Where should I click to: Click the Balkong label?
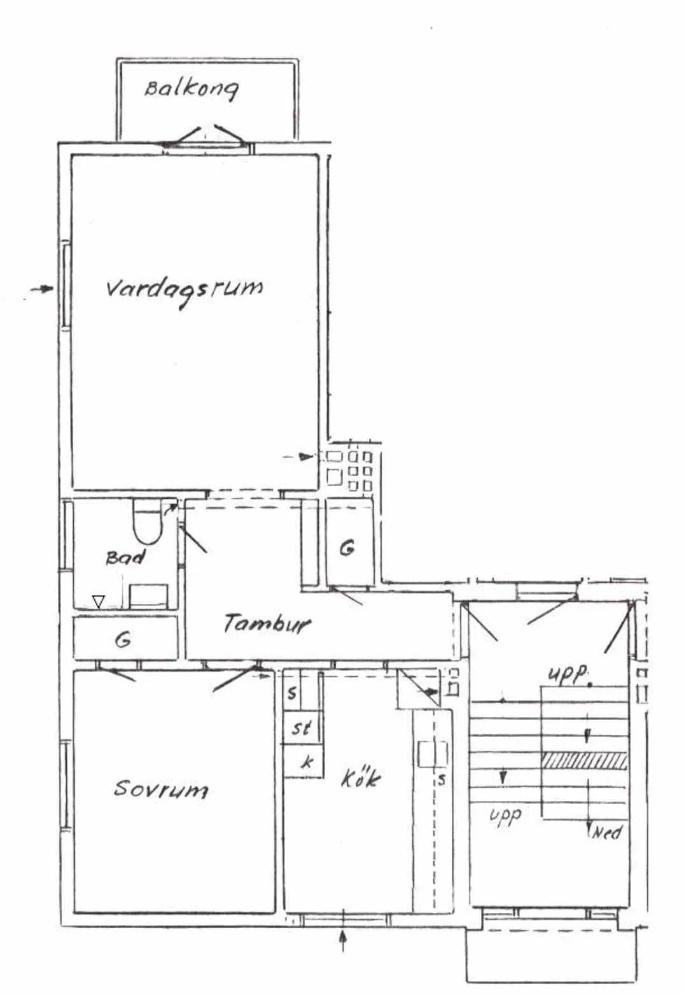point(192,89)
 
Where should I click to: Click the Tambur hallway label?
point(266,623)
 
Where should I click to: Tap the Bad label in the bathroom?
point(125,557)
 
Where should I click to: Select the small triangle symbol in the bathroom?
point(98,602)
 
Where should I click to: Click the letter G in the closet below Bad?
point(123,640)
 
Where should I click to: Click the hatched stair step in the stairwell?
point(583,761)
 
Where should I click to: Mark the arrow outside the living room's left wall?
point(42,289)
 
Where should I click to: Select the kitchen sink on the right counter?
point(432,754)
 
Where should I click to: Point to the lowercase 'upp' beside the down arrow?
point(505,815)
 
